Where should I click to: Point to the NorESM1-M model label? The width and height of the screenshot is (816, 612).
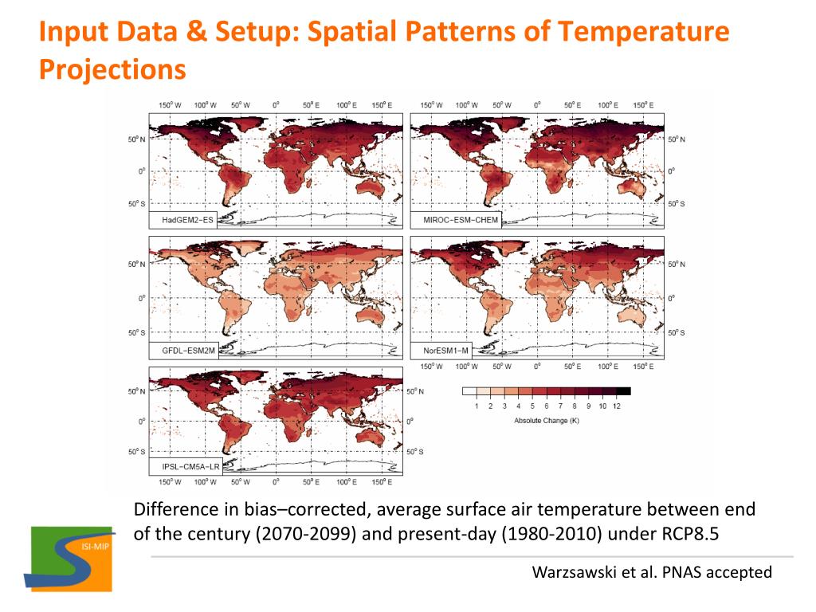pos(441,349)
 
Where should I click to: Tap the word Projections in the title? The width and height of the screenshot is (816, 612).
pos(112,70)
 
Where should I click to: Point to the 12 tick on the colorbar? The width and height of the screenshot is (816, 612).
pos(616,406)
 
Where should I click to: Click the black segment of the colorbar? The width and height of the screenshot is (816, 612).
pos(623,391)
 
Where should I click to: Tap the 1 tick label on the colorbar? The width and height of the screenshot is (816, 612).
pos(477,406)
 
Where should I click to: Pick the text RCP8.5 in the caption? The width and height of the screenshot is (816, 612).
pos(685,534)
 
